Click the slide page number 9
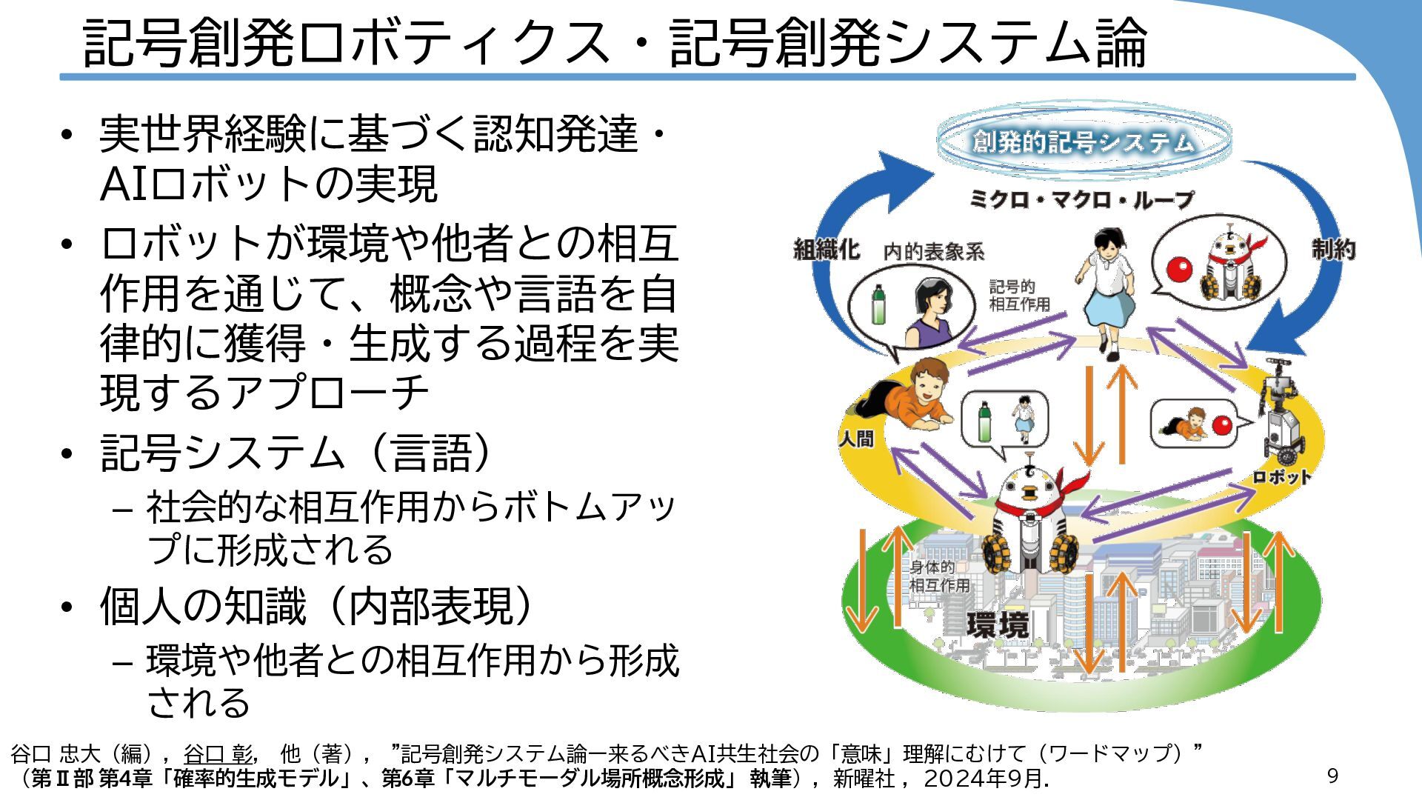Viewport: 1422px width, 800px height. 1332,776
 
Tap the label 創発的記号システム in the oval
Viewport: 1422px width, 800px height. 1083,141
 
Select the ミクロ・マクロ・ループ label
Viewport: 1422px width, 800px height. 1081,199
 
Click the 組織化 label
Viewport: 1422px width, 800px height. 826,250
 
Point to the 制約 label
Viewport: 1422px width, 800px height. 1333,250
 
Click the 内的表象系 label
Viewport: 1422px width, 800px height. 934,253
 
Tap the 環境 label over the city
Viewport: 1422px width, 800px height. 998,624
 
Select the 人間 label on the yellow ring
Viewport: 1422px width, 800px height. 856,439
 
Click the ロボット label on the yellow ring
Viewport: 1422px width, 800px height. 1281,478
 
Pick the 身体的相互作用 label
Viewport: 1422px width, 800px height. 939,576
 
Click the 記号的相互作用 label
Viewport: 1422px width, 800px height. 1019,296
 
